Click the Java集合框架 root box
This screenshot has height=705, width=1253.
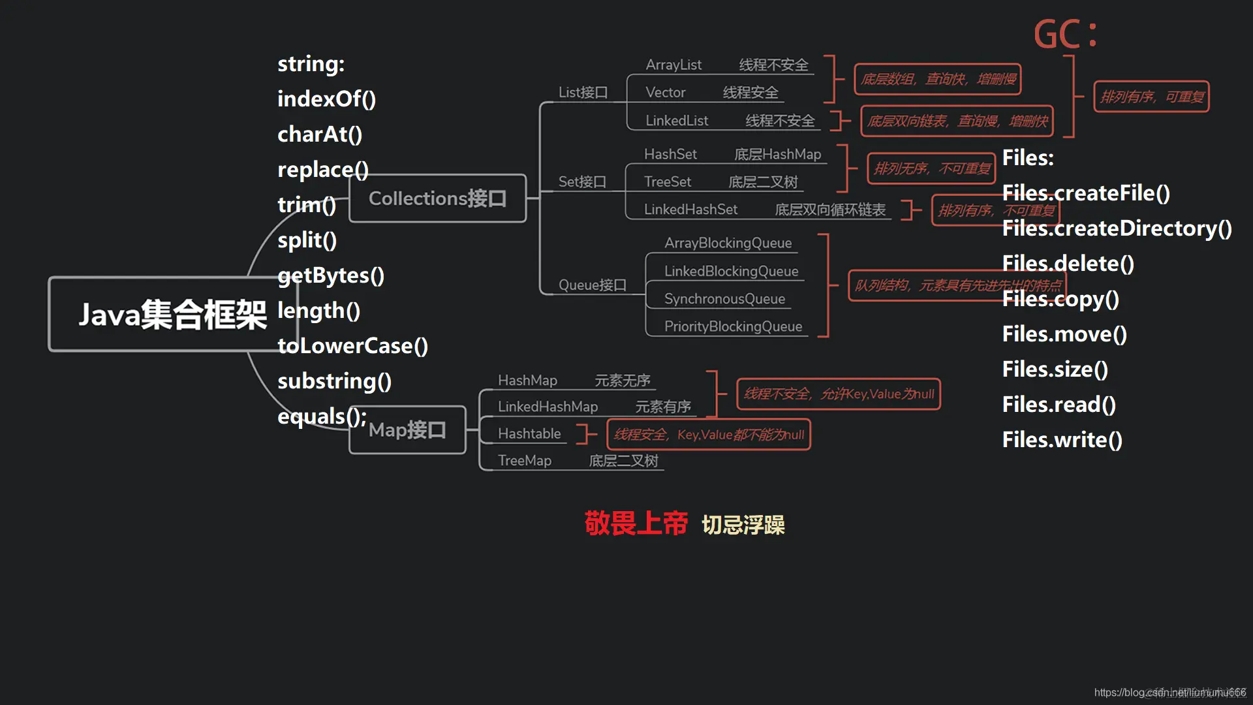(x=163, y=315)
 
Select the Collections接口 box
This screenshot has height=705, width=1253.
(x=437, y=198)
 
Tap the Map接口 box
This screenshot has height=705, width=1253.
(x=407, y=430)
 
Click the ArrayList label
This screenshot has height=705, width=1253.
(x=673, y=65)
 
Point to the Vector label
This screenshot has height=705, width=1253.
(x=665, y=93)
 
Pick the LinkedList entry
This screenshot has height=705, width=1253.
(x=677, y=121)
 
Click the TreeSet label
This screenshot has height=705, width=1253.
(x=667, y=181)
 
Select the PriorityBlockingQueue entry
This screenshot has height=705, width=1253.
(x=733, y=326)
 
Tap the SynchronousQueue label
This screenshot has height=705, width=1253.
(x=724, y=299)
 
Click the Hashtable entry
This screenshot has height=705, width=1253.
(x=529, y=433)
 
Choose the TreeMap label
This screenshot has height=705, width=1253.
(x=524, y=461)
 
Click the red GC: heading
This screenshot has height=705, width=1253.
(x=1065, y=34)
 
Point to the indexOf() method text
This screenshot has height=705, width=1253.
(x=326, y=99)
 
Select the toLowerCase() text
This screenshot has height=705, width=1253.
(x=352, y=346)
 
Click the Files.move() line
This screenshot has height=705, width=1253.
(x=1064, y=334)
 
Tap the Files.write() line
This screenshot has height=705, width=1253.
(x=1062, y=440)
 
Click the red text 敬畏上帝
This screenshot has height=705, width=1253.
(x=636, y=524)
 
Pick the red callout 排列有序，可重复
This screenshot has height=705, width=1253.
(x=1151, y=97)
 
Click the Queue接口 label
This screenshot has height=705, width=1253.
(x=592, y=285)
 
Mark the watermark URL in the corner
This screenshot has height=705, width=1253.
(x=1169, y=693)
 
